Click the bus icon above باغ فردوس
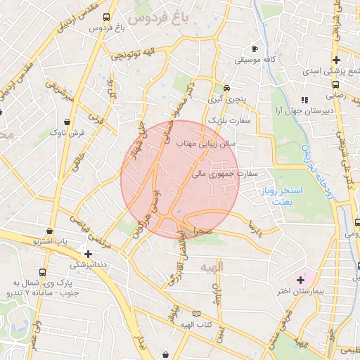105,17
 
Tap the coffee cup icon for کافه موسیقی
255,49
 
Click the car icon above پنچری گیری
226,89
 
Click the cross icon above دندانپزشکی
88,254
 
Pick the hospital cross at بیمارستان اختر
300,281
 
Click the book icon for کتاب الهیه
196,313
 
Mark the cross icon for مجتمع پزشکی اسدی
336,60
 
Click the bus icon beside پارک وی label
43,273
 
